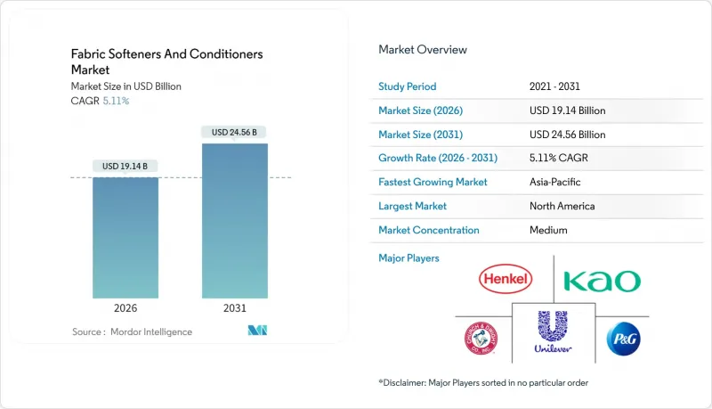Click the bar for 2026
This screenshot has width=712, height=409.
(x=125, y=237)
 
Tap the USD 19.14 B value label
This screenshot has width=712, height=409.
(x=125, y=166)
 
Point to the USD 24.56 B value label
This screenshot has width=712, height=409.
(x=234, y=132)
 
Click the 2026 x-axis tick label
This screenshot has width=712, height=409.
(x=125, y=307)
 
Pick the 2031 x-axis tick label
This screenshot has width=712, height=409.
(x=234, y=307)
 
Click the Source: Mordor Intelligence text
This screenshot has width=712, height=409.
(x=132, y=331)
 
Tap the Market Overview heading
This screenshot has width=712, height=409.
(x=423, y=50)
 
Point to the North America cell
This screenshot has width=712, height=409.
(x=562, y=206)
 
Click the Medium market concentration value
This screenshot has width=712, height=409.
(x=548, y=230)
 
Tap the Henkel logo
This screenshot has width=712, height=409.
(x=505, y=280)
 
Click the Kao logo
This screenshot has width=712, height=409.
(x=602, y=281)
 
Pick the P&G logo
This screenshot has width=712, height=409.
(x=623, y=339)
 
